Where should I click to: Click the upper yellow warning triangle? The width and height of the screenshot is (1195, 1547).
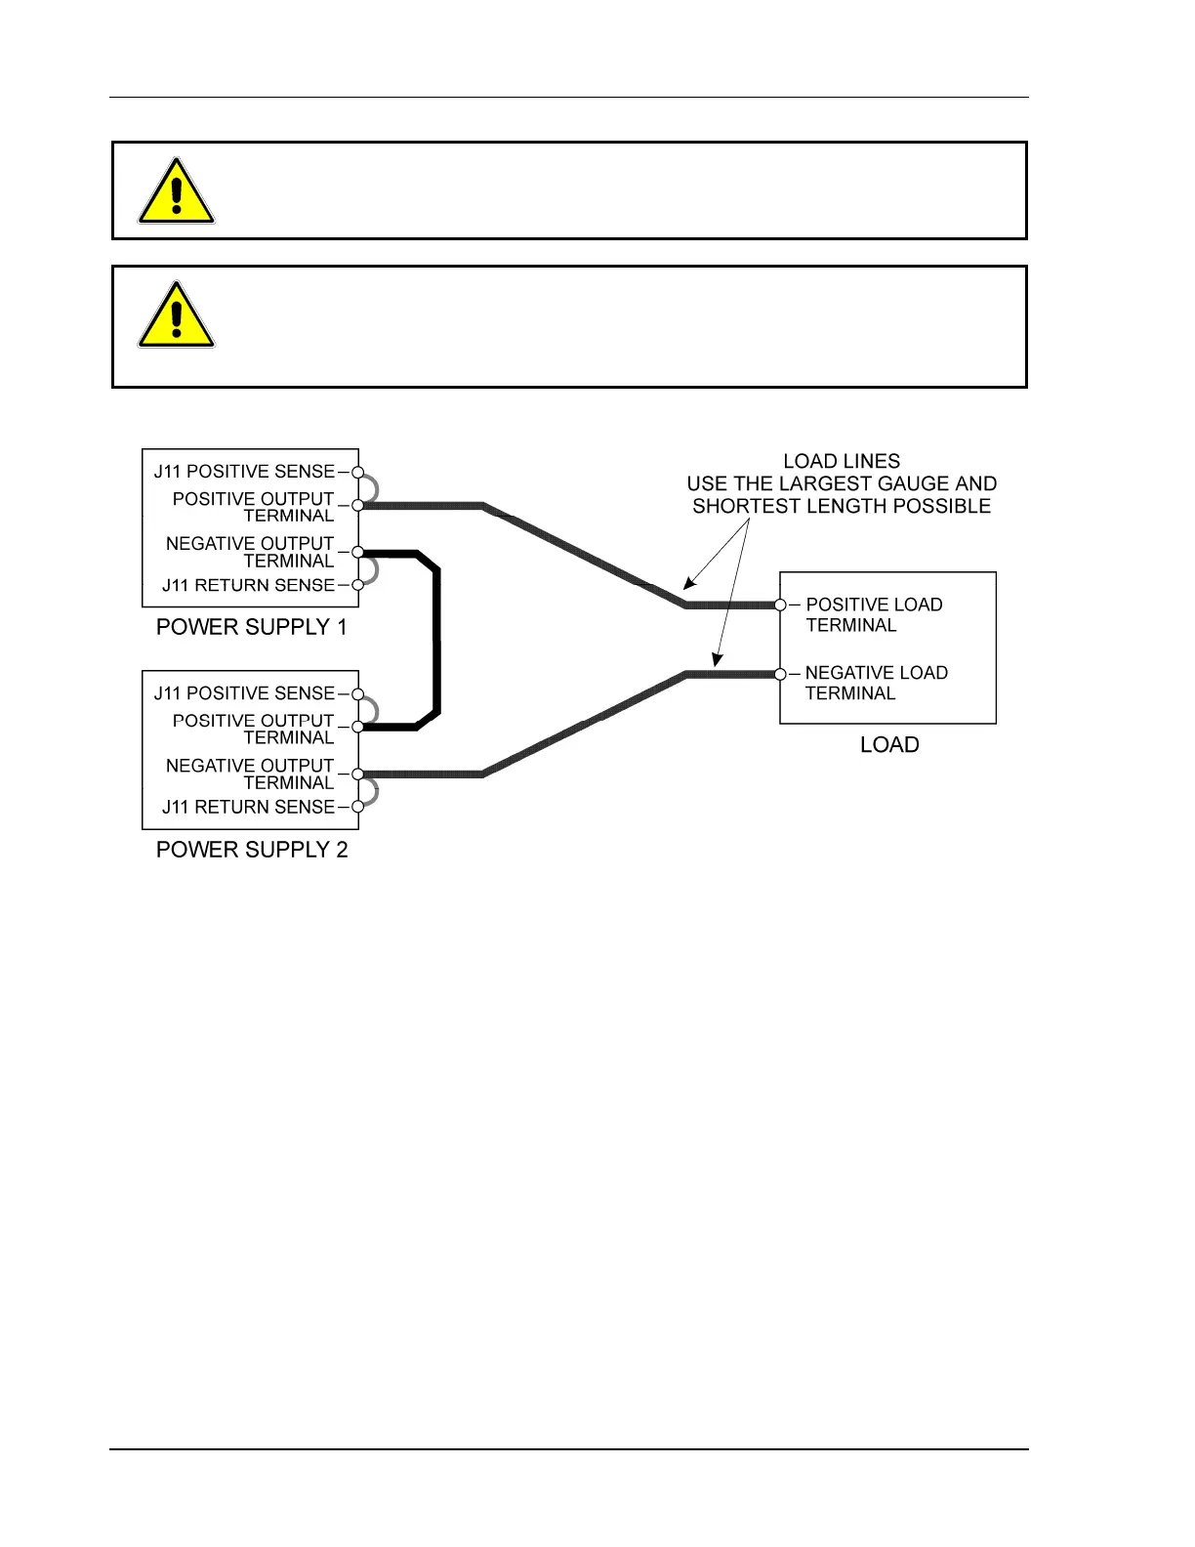click(176, 192)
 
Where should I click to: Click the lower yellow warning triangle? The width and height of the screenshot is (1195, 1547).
click(176, 316)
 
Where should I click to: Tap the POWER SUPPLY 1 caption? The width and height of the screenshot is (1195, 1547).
click(252, 627)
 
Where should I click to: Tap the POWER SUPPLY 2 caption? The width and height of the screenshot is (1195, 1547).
click(252, 850)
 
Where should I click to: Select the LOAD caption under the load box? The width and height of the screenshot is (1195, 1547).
click(889, 745)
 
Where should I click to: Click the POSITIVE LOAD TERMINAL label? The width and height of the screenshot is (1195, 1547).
click(874, 615)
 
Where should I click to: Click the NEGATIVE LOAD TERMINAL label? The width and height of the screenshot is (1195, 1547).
click(876, 683)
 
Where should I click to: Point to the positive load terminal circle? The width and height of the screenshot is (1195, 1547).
click(780, 606)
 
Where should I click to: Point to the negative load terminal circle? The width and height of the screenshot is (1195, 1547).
click(780, 674)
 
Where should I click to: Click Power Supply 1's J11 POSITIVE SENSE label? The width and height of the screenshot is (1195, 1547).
click(244, 472)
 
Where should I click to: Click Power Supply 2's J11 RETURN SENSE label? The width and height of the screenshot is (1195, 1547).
click(248, 807)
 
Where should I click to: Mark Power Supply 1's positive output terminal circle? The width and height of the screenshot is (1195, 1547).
click(358, 505)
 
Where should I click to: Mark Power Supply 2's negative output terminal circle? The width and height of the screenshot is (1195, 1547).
click(358, 774)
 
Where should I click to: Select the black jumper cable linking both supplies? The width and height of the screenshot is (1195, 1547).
click(436, 640)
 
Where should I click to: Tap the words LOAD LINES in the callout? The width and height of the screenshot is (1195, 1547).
click(842, 461)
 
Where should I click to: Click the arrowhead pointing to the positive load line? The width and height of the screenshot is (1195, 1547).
click(688, 584)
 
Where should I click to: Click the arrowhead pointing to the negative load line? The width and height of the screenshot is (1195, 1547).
click(717, 660)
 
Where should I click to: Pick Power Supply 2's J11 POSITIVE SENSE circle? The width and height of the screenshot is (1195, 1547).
click(358, 694)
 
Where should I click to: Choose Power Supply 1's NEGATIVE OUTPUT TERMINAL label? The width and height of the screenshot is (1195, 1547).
click(250, 552)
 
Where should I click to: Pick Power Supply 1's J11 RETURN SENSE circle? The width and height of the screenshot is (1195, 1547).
click(358, 585)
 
